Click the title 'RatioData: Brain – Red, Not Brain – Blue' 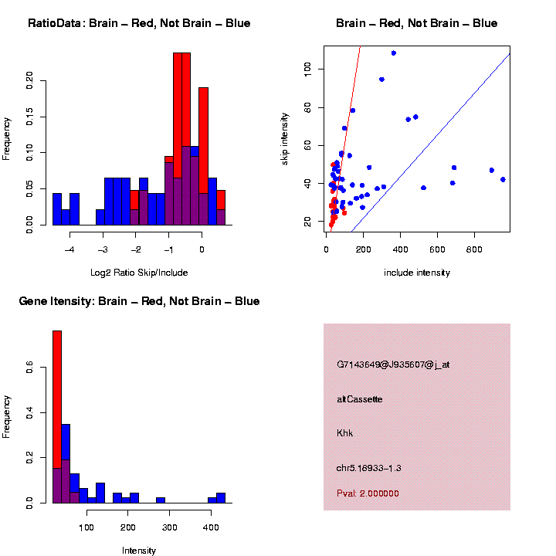click(139, 23)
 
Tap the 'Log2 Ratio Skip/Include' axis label click(139, 272)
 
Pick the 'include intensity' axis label click(417, 272)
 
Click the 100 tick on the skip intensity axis click(307, 69)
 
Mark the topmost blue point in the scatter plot click(394, 53)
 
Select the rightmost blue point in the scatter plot click(503, 179)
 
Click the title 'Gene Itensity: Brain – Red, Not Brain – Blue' click(139, 301)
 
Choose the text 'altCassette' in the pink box click(360, 399)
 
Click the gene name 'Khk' click(344, 433)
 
